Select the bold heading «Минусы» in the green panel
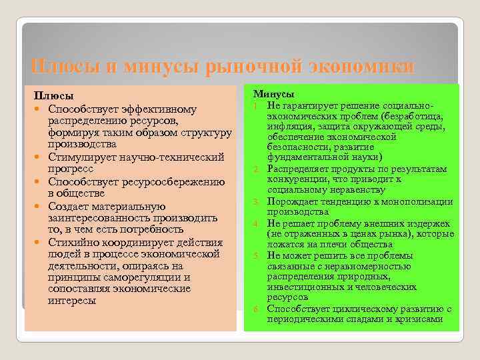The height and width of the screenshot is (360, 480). point(274,95)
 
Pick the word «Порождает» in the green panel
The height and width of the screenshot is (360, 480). point(290,202)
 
